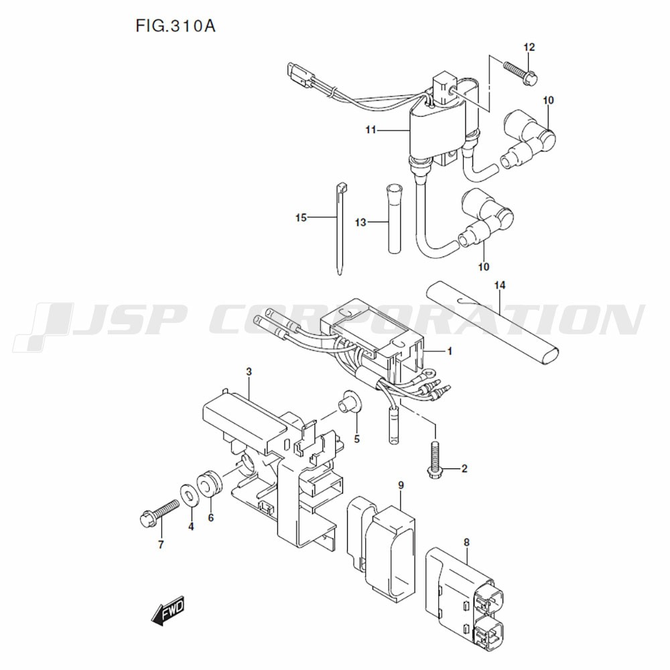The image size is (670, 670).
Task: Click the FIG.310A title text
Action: pos(175,26)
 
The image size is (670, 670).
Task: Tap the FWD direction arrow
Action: pos(168,611)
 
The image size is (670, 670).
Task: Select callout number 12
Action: pos(529,47)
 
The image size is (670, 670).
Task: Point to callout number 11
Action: pos(371,129)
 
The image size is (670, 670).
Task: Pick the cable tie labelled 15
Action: pos(340,228)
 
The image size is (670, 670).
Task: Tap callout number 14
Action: pos(500,285)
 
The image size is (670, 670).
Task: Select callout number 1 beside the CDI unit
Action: pos(449,351)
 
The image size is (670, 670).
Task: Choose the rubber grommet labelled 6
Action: pos(209,484)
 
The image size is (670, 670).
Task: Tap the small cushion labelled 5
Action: pos(350,402)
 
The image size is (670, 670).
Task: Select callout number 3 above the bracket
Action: pos(249,372)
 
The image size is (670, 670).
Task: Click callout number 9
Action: pos(401,485)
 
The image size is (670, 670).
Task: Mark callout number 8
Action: pos(466,543)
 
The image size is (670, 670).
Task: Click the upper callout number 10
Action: pos(548,100)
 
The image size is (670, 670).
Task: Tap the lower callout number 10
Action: pos(483,267)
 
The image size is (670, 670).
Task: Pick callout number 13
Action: pos(360,222)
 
